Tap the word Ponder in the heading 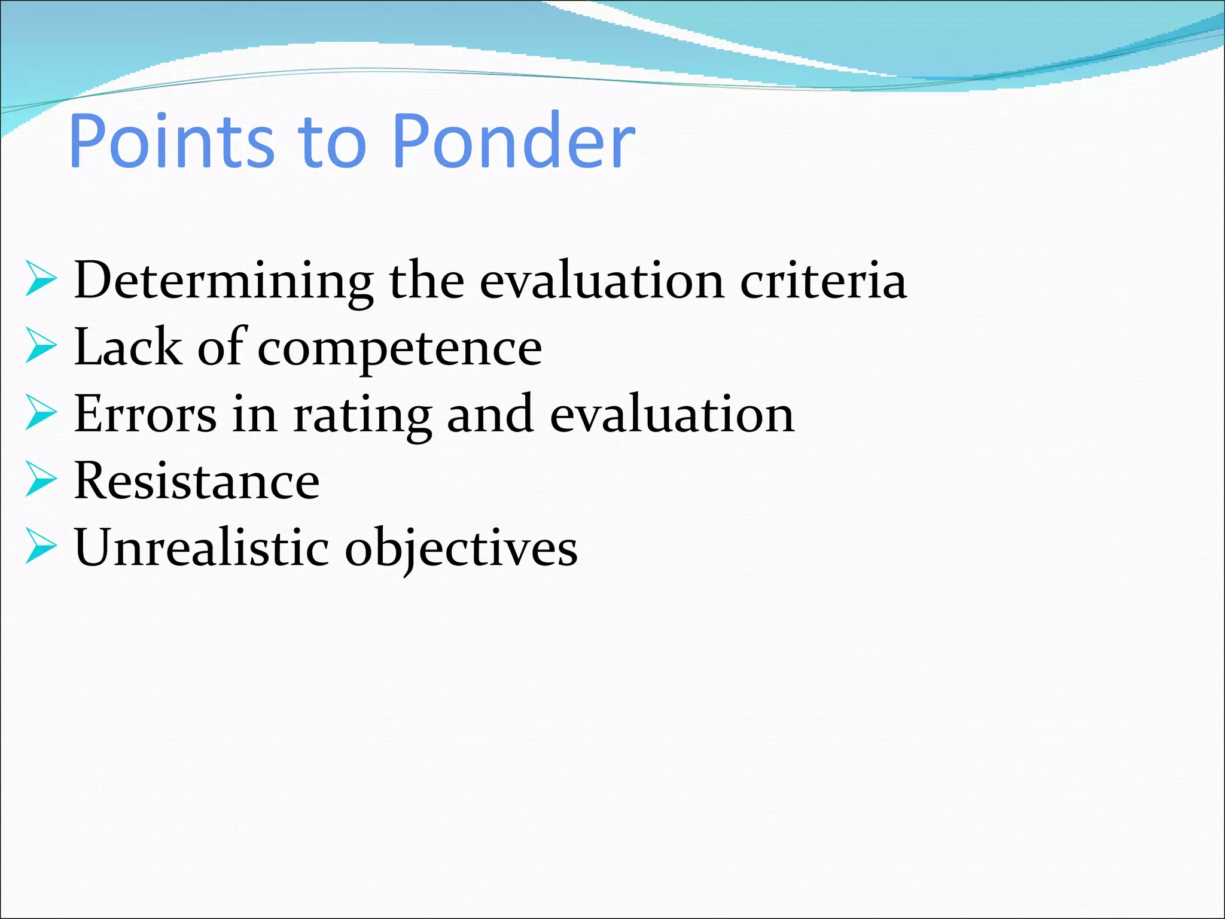(514, 141)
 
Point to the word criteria (824, 280)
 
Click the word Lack (128, 347)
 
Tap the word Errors (145, 414)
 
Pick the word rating (362, 416)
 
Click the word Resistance (197, 481)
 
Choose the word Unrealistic (202, 547)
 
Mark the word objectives (461, 549)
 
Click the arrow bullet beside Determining (41, 279)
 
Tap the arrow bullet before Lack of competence (41, 346)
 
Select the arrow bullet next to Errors (41, 413)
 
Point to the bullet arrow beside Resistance (41, 480)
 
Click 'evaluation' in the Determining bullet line (602, 280)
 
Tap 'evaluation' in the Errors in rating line (672, 414)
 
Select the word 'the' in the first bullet (427, 280)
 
